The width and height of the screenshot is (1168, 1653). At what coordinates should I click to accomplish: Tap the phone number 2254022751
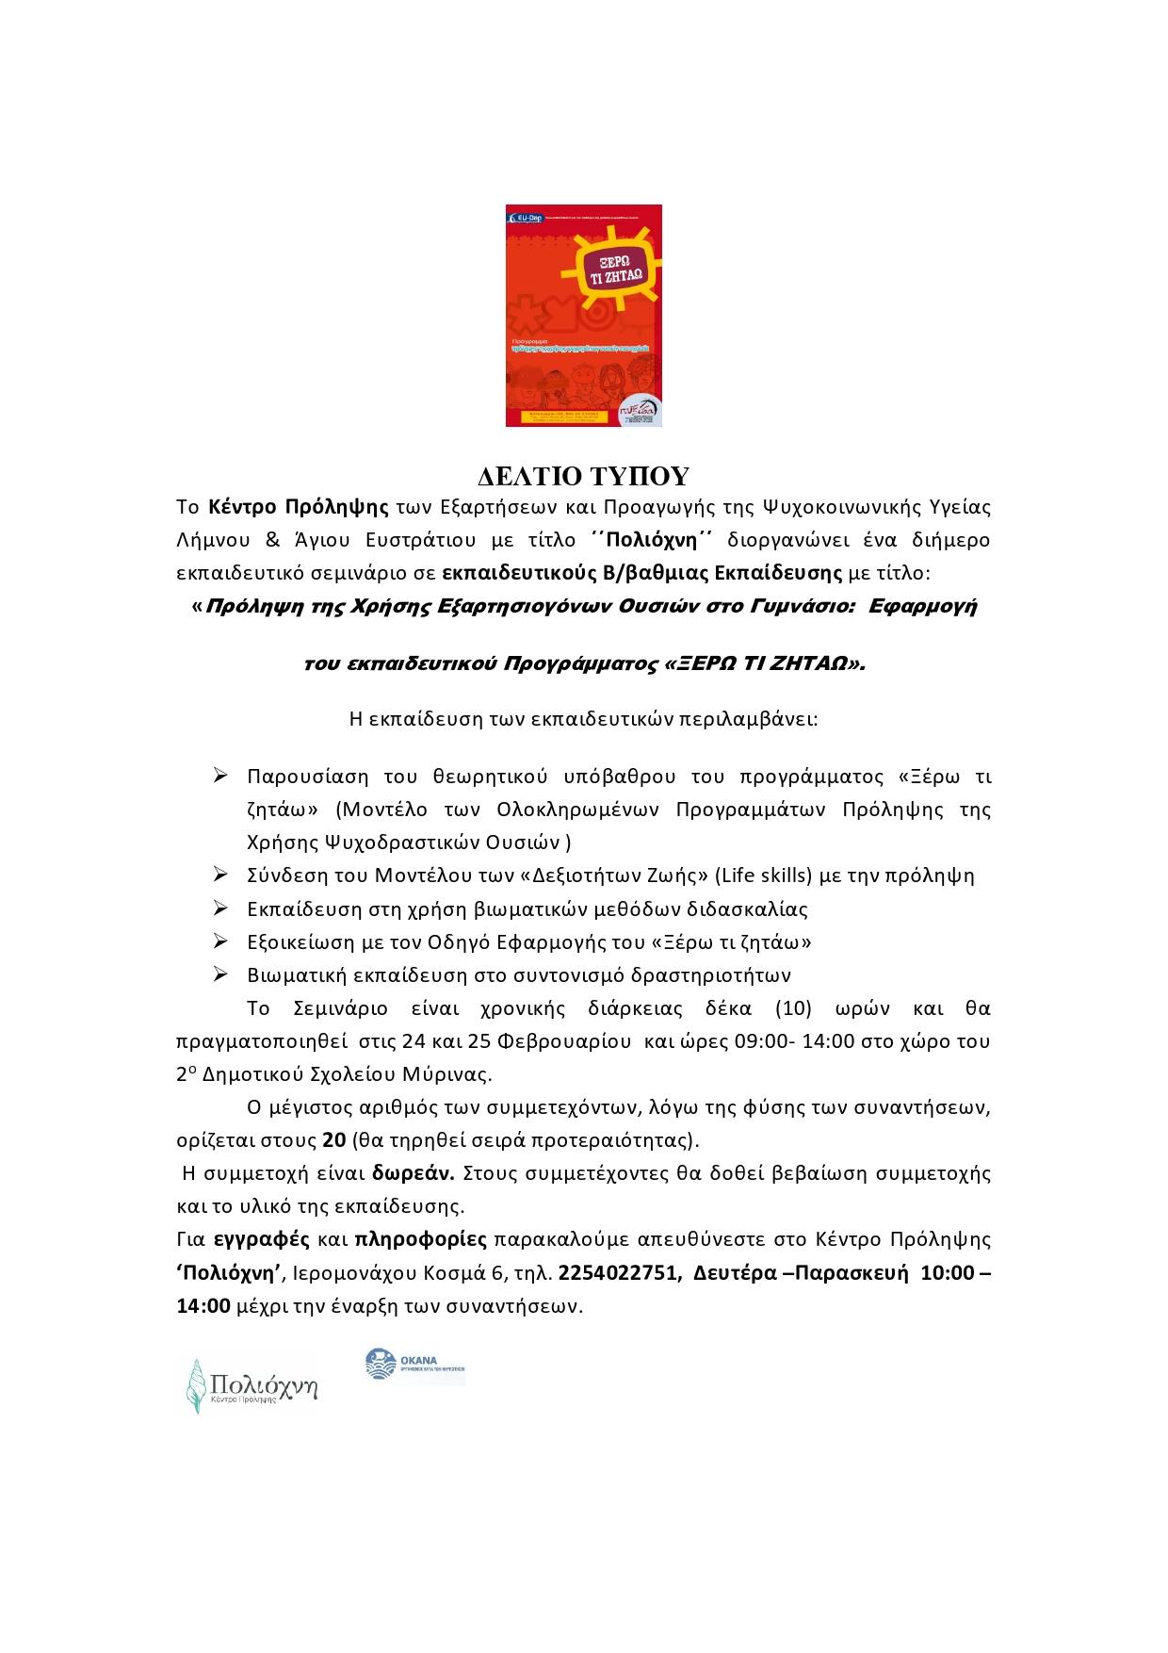[x=618, y=1273]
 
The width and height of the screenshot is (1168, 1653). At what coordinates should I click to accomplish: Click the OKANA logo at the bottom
[x=415, y=1367]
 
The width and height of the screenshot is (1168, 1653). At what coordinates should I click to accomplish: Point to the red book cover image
[x=584, y=316]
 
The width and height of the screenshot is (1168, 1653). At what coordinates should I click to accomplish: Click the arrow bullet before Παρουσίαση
[x=221, y=777]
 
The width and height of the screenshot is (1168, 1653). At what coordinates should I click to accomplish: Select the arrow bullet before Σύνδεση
[x=221, y=876]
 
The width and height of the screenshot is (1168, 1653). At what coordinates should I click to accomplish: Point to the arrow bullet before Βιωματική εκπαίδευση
[x=221, y=974]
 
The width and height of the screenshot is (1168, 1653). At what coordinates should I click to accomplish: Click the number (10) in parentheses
[x=793, y=1008]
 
